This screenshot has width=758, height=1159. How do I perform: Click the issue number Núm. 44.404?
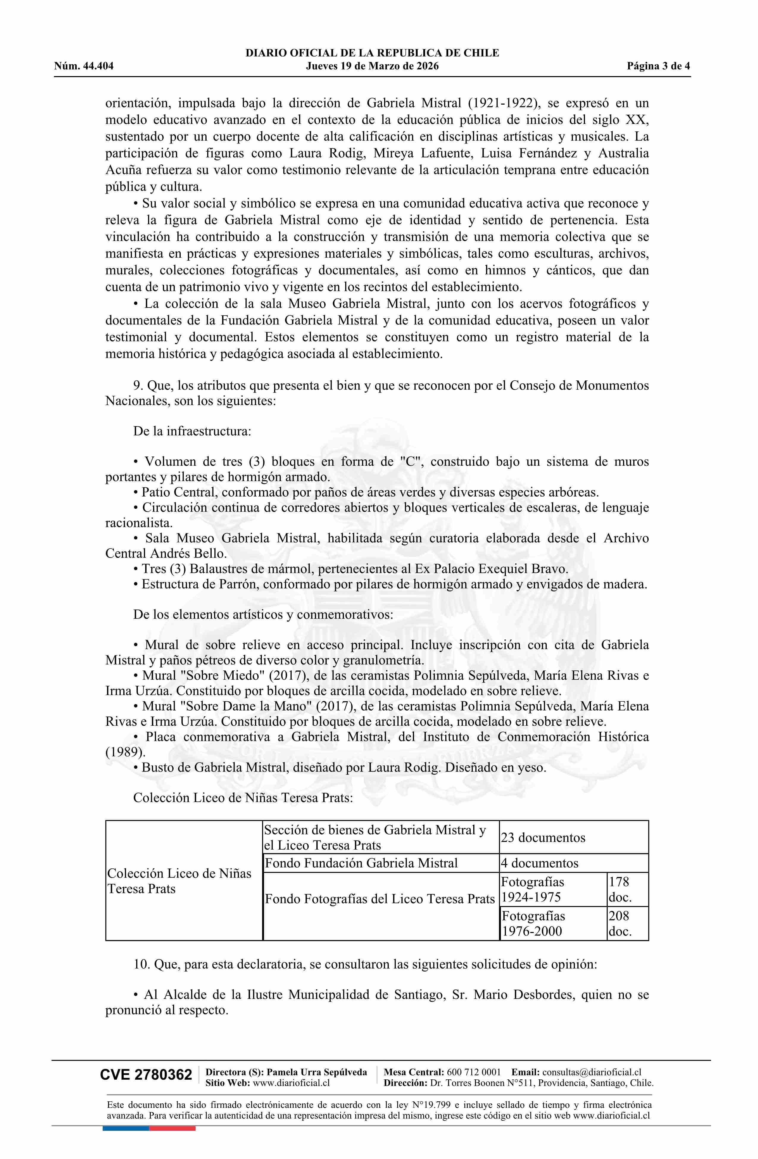coord(84,66)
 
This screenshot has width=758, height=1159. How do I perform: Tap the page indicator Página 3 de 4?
coord(658,66)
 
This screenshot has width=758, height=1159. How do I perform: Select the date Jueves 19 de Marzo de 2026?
coord(372,66)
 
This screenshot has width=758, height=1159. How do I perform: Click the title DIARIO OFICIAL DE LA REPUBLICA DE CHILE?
coord(372,53)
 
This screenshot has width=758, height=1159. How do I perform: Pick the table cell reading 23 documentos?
coord(543,837)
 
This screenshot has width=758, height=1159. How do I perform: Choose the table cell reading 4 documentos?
coord(540,863)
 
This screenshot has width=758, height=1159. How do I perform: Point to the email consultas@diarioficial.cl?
coord(592,1072)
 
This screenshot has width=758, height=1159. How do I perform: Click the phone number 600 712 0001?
coord(474,1072)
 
